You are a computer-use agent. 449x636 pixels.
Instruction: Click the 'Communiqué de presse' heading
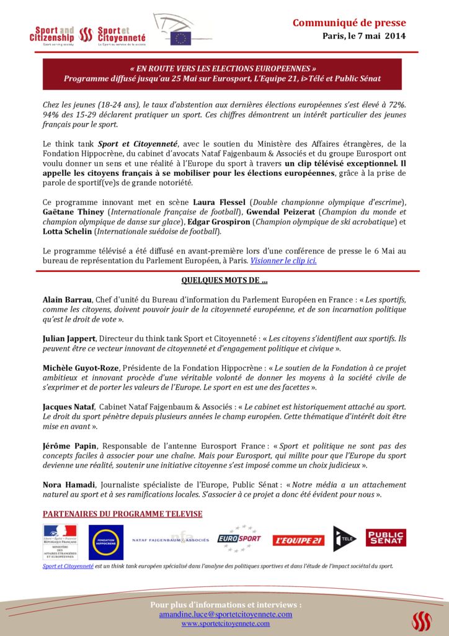click(x=349, y=23)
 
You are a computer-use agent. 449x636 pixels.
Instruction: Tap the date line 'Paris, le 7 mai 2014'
click(x=364, y=36)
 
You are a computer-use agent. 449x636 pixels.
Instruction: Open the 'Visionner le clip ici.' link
click(x=283, y=261)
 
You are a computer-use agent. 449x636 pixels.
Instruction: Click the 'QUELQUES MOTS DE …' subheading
click(x=225, y=280)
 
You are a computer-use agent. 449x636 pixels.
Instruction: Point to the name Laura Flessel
click(x=220, y=202)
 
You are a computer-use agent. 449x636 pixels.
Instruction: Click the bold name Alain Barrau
click(x=68, y=299)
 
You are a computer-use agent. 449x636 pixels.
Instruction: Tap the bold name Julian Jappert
click(x=69, y=338)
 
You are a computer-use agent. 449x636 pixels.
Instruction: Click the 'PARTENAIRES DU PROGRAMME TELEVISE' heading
click(x=122, y=514)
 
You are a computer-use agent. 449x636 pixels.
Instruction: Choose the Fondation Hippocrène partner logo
click(x=105, y=542)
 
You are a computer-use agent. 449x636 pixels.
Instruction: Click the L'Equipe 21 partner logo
click(x=299, y=540)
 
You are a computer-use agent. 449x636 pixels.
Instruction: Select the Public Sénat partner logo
click(x=386, y=538)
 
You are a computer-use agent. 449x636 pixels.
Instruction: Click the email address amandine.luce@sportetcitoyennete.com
click(x=226, y=614)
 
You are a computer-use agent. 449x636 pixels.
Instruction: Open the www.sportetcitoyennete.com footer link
click(x=226, y=624)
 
